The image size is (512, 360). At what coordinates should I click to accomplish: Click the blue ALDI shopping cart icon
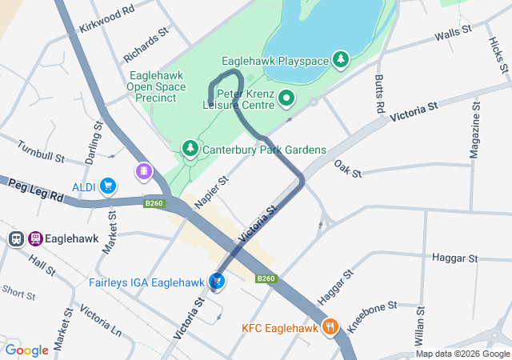point(108,187)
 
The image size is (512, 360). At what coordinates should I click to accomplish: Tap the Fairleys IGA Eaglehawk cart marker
point(216,281)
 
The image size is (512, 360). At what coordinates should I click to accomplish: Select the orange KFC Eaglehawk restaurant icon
point(330,326)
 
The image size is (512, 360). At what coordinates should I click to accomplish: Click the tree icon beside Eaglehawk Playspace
point(342,60)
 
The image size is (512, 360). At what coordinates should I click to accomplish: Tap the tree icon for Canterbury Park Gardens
point(190,149)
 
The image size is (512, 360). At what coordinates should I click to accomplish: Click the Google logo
point(26,350)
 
